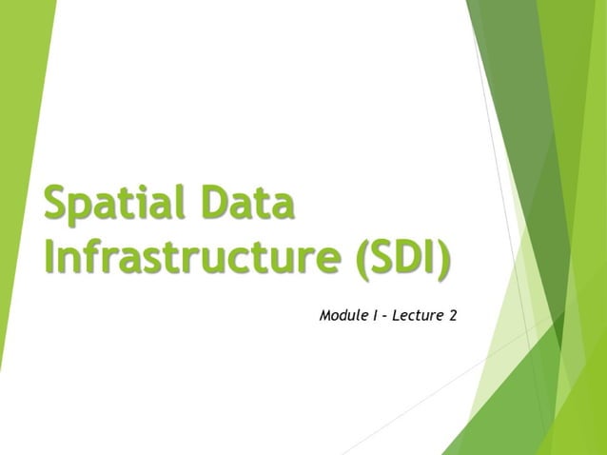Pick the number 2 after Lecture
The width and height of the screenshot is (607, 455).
[x=452, y=314]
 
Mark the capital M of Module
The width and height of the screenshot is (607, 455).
[x=326, y=314]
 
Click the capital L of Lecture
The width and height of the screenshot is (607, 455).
[x=395, y=314]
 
